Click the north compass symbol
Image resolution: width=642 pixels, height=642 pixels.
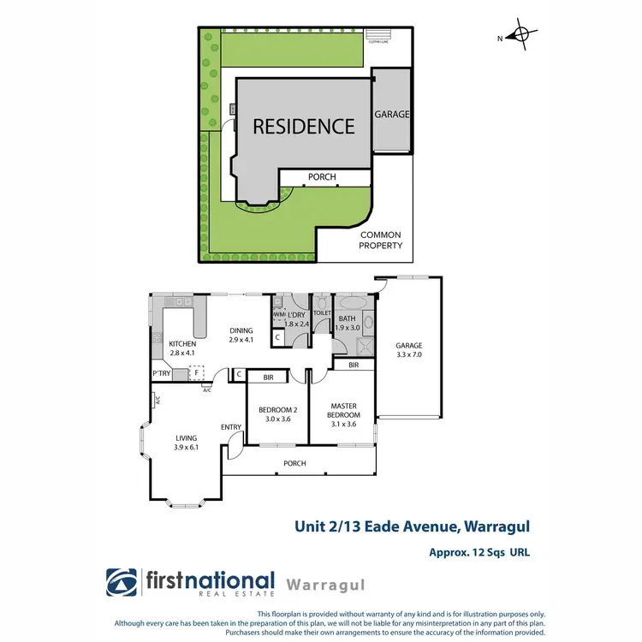[520, 35]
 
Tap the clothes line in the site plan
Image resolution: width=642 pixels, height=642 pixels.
[378, 38]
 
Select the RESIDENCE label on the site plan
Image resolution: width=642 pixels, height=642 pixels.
[303, 127]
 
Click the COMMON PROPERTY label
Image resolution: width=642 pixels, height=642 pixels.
[381, 240]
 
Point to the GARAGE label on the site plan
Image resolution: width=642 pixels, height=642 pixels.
[392, 114]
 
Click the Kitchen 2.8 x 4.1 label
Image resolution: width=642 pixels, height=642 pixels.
[182, 348]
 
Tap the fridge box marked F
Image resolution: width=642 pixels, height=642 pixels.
[197, 372]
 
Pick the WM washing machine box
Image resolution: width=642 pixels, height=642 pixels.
[279, 314]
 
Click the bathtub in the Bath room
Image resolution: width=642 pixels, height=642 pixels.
[352, 303]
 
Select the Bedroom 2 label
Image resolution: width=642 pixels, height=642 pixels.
[277, 414]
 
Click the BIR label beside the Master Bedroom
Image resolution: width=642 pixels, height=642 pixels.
[354, 365]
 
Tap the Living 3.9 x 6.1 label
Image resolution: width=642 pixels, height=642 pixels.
[186, 442]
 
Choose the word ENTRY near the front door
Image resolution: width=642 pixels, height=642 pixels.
[231, 427]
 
